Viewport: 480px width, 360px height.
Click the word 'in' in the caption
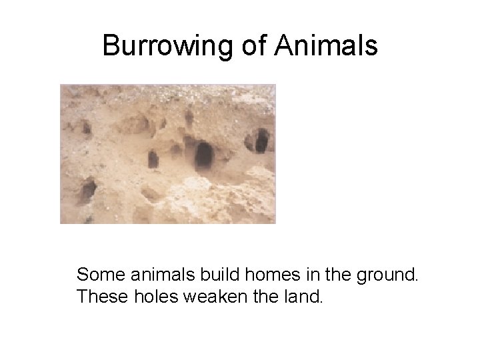[x=297, y=274]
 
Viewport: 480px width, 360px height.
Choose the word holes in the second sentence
[x=153, y=296]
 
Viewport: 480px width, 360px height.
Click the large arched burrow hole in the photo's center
[x=203, y=156]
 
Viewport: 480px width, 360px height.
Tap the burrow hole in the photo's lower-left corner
[x=86, y=191]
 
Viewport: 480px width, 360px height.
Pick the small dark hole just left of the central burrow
[x=153, y=159]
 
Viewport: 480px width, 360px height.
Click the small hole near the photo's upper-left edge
[x=86, y=127]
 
